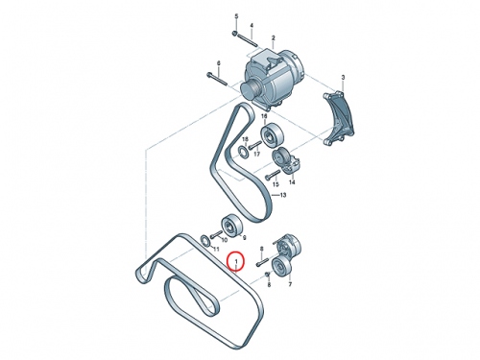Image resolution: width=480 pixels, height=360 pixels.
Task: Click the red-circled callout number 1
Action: point(236,262)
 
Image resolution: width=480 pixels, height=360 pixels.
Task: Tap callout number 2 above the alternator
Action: point(273,38)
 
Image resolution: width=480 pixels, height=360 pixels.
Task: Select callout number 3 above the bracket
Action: point(343,78)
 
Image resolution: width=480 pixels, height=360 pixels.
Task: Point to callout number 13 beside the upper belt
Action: point(283,195)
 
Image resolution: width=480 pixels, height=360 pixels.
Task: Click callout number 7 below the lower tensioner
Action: point(290,284)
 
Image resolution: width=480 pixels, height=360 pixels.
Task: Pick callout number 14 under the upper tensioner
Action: point(292,182)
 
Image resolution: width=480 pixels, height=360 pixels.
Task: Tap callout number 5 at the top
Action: point(237,16)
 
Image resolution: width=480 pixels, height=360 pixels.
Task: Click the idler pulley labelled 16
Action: point(272,134)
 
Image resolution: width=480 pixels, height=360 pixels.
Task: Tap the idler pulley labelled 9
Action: point(233,226)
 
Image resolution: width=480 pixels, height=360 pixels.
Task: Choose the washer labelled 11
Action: point(205,240)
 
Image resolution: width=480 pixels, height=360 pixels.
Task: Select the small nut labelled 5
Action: point(235,34)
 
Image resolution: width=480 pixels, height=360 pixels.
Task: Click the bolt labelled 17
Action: point(255,146)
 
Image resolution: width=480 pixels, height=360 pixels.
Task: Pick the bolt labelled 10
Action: point(217,234)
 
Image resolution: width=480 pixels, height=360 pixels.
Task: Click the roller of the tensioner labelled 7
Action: point(281,267)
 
